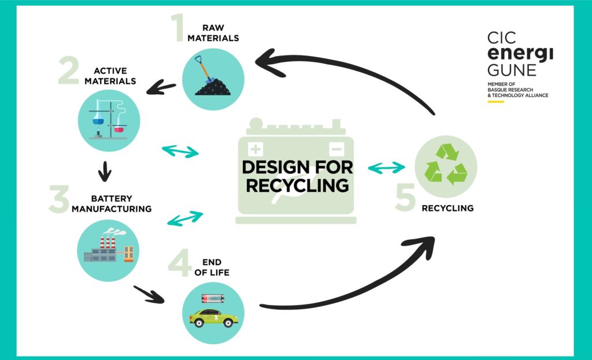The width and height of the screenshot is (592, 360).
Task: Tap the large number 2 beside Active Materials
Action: pyautogui.click(x=69, y=72)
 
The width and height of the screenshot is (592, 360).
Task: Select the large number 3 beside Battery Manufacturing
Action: pyautogui.click(x=59, y=199)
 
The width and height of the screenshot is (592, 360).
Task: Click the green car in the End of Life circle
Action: pyautogui.click(x=213, y=317)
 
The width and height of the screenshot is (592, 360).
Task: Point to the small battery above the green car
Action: pyautogui.click(x=213, y=299)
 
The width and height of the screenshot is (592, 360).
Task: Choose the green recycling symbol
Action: pyautogui.click(x=446, y=164)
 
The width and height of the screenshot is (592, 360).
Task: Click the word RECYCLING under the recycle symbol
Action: pyautogui.click(x=448, y=208)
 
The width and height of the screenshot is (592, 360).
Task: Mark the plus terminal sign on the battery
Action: pyautogui.click(x=256, y=147)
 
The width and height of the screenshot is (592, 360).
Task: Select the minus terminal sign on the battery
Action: pyautogui.click(x=336, y=147)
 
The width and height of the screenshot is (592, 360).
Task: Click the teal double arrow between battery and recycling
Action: pyautogui.click(x=387, y=168)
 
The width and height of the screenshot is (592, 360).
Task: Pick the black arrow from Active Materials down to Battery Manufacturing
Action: pyautogui.click(x=105, y=170)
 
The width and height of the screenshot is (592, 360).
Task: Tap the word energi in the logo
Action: pyautogui.click(x=512, y=55)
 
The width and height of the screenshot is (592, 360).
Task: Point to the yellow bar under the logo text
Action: pyautogui.click(x=495, y=102)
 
